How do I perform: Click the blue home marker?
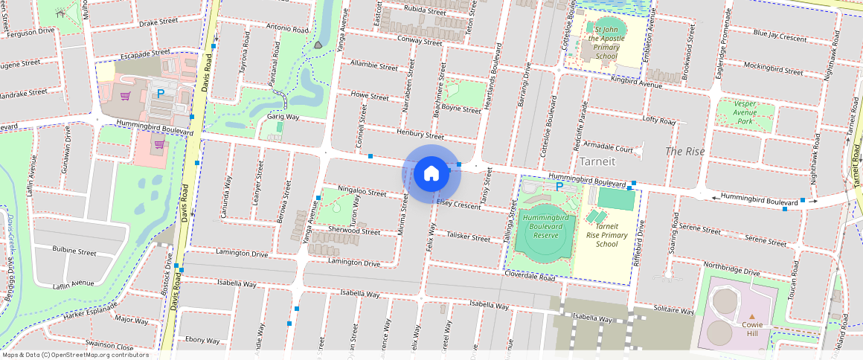coord(431,174)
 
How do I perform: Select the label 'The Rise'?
coord(684,151)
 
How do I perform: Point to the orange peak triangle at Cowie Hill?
coord(751,317)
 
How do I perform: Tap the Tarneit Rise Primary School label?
coord(607,235)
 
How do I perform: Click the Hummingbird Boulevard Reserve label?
coord(546,226)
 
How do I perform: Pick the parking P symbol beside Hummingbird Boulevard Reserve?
coord(559,187)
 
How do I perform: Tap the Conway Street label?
coord(420,41)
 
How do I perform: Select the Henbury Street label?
coord(420,136)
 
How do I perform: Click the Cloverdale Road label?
coord(530,277)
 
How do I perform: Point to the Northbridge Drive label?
coord(731,269)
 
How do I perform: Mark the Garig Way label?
coord(283,118)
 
